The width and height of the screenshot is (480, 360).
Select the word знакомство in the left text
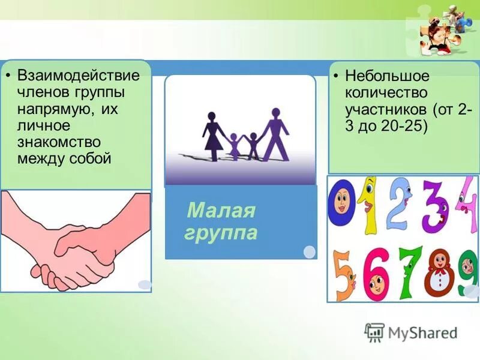coord(58,142)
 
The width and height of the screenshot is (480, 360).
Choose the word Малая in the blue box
coord(221,211)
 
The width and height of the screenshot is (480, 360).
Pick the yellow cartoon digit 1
coord(367,204)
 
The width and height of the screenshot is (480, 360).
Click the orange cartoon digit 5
coord(344,273)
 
